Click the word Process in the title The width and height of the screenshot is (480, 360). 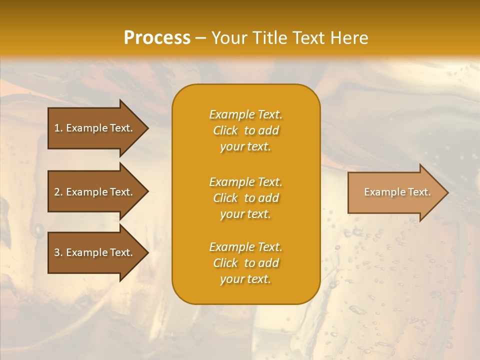(x=157, y=38)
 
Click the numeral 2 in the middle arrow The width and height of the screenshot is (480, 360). (x=57, y=192)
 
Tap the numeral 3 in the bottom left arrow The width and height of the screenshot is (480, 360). (x=57, y=252)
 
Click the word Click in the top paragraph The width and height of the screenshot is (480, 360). (x=225, y=130)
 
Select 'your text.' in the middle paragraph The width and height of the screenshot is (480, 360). (x=245, y=214)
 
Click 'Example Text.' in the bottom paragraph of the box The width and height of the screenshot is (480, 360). (x=245, y=247)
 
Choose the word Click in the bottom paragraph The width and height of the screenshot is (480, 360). (x=225, y=263)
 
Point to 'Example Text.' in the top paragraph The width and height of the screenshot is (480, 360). (x=245, y=114)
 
